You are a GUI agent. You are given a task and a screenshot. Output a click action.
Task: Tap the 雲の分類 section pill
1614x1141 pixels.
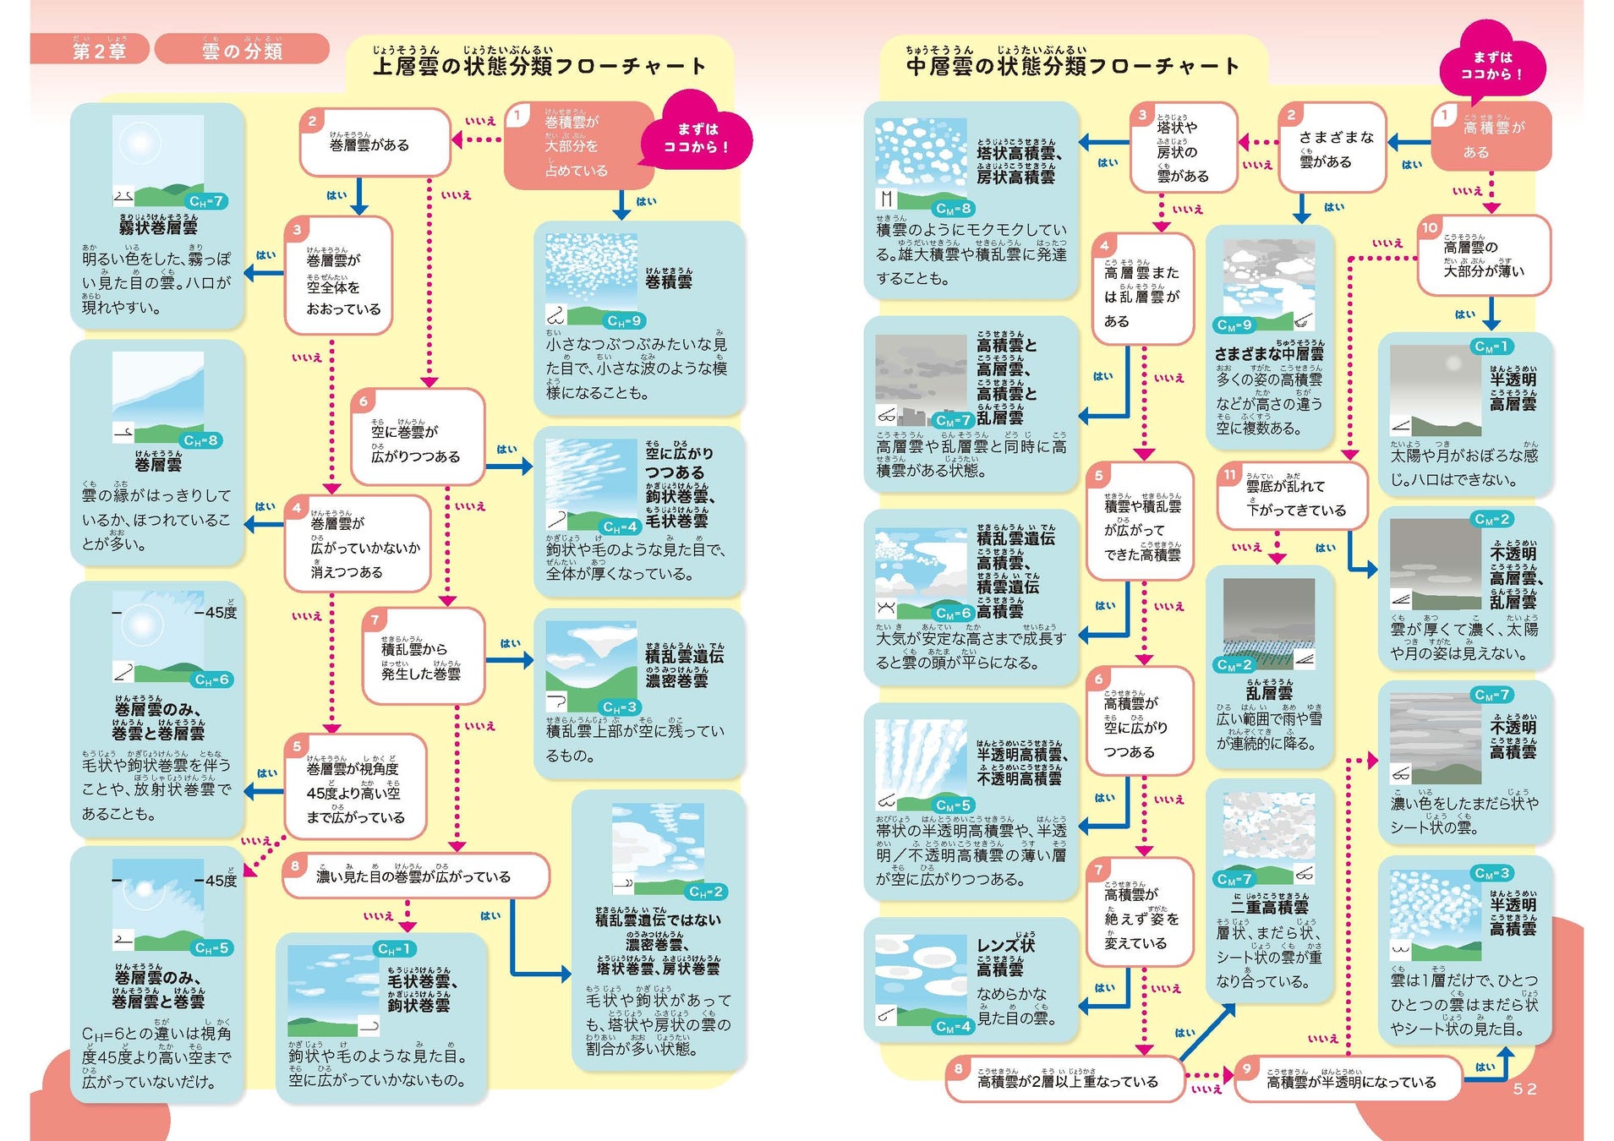coord(242,50)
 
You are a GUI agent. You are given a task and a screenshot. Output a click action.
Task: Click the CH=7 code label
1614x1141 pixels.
coord(205,201)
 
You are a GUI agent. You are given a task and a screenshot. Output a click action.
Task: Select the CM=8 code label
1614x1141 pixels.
coord(954,208)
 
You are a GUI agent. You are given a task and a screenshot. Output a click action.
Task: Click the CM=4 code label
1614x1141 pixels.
coord(954,1026)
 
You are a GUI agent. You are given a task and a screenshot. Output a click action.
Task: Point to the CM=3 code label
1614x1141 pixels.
coord(1491,872)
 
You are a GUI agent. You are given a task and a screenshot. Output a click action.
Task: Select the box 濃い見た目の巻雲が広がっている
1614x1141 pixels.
coord(414,876)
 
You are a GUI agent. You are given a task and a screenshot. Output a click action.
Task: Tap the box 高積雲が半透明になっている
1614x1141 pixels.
coord(1349,1081)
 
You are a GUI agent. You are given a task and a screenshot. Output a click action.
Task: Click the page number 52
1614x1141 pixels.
coord(1524,1089)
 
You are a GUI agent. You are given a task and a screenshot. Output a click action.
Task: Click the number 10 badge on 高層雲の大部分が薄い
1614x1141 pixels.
coord(1430,227)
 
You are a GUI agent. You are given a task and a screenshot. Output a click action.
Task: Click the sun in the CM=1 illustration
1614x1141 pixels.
coord(1454,364)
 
